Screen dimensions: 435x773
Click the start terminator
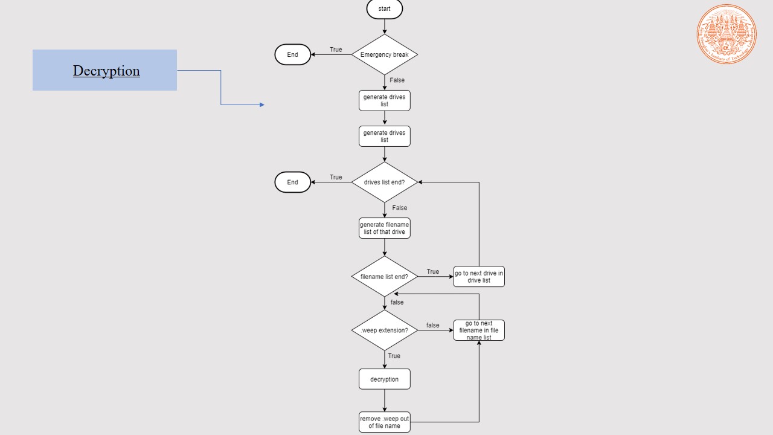pyautogui.click(x=384, y=9)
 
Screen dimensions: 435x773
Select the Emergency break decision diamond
pyautogui.click(x=384, y=54)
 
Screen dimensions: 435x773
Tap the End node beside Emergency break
pyautogui.click(x=293, y=54)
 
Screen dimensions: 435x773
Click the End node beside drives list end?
pyautogui.click(x=293, y=182)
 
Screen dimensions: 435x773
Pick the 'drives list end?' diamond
pyautogui.click(x=384, y=182)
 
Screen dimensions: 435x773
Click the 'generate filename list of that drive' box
pyautogui.click(x=384, y=228)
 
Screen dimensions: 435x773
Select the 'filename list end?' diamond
pyautogui.click(x=384, y=277)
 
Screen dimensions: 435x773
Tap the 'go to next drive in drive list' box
pyautogui.click(x=479, y=277)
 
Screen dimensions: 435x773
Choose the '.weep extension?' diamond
pyautogui.click(x=384, y=330)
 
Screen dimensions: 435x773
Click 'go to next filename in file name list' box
pyautogui.click(x=479, y=330)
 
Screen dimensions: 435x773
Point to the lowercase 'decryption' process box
pyautogui.click(x=384, y=379)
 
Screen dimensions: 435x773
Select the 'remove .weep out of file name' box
pyautogui.click(x=384, y=422)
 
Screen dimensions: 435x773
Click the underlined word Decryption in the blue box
pyautogui.click(x=106, y=71)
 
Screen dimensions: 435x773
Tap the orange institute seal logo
pyautogui.click(x=726, y=34)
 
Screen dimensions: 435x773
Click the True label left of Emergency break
pyautogui.click(x=336, y=50)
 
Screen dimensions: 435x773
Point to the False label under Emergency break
pyautogui.click(x=397, y=80)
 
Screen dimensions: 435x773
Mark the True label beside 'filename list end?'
pyautogui.click(x=433, y=272)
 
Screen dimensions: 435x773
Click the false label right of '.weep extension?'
pyautogui.click(x=433, y=326)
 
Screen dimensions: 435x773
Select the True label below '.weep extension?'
pyautogui.click(x=394, y=356)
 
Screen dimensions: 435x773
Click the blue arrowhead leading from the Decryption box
pyautogui.click(x=262, y=105)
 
